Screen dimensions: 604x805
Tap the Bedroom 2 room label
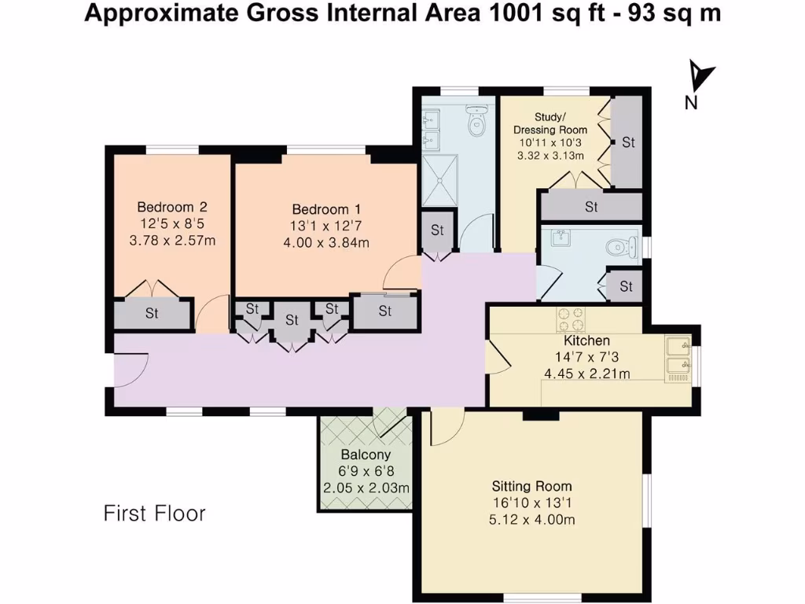pyautogui.click(x=172, y=207)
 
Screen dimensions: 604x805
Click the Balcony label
pyautogui.click(x=366, y=455)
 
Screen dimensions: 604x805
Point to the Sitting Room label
pyautogui.click(x=531, y=486)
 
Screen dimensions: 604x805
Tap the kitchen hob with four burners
pyautogui.click(x=571, y=319)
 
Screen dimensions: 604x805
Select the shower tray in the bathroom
pyautogui.click(x=441, y=177)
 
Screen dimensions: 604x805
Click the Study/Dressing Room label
pyautogui.click(x=550, y=123)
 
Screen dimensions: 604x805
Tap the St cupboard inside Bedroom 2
pyautogui.click(x=152, y=313)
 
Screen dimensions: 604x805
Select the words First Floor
pyautogui.click(x=154, y=514)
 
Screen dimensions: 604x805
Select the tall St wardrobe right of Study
pyautogui.click(x=628, y=142)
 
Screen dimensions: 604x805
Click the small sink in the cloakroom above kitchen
pyautogui.click(x=561, y=238)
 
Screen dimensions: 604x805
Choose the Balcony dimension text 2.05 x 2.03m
pyautogui.click(x=366, y=488)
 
